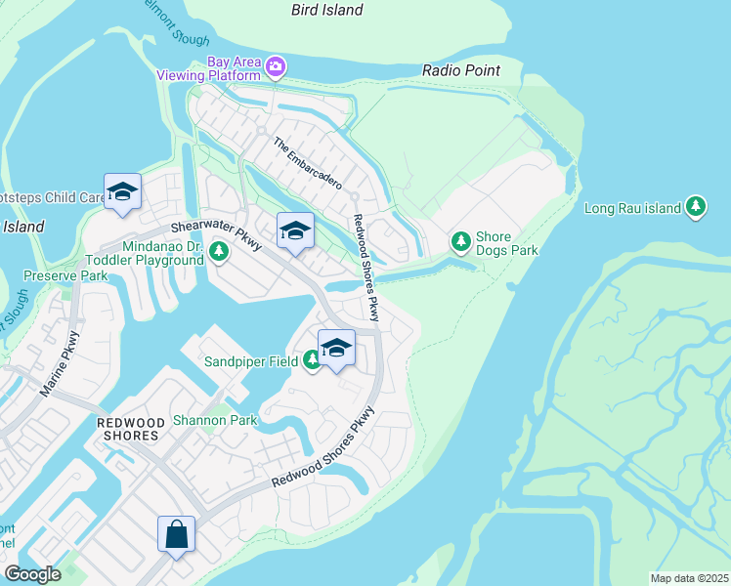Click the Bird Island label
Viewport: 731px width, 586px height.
point(326,10)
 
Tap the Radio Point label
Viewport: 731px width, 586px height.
point(461,70)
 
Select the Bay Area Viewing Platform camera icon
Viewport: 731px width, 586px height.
point(276,66)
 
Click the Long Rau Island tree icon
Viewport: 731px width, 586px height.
point(695,206)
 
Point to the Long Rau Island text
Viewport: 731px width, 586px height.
point(631,208)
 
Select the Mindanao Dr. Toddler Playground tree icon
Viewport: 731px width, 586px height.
point(219,252)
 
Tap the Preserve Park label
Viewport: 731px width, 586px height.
point(66,275)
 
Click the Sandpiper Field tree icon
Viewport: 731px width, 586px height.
point(312,362)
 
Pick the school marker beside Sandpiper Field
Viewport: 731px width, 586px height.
point(336,349)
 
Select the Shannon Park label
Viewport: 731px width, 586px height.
point(214,421)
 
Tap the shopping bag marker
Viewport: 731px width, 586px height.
point(177,534)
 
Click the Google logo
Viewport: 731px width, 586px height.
point(32,574)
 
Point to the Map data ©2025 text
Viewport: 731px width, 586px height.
point(689,578)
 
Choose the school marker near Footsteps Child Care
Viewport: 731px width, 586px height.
point(123,192)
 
